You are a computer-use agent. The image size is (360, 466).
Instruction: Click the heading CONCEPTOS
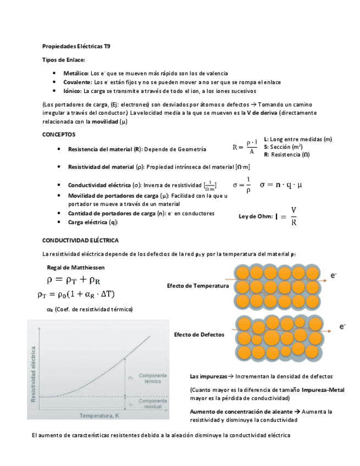pyautogui.click(x=59, y=135)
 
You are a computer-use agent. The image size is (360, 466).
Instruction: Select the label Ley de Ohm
pyautogui.click(x=255, y=217)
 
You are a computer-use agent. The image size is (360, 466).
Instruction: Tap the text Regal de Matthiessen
pyautogui.click(x=76, y=267)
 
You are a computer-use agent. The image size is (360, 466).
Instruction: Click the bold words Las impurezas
pyautogui.click(x=208, y=376)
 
